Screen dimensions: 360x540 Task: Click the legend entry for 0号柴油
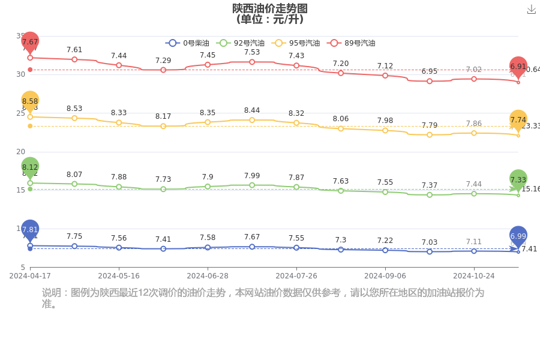188,43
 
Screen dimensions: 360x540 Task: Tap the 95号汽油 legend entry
296,43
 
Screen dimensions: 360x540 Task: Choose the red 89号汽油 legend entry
351,43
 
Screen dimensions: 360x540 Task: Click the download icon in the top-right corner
531,10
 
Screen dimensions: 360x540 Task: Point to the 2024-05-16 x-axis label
119,276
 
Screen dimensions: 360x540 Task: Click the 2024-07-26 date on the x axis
296,276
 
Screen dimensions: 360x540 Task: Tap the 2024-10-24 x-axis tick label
473,276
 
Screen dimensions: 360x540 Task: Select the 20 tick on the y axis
20,152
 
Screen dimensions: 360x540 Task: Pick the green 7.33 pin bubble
518,179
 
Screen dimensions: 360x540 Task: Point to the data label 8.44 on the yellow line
252,110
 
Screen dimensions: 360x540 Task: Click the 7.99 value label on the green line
252,175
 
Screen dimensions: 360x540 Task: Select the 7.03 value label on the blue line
430,242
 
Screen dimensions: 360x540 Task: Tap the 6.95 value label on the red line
430,71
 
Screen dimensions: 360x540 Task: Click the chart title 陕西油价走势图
270,8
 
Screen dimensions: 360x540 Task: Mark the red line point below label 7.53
252,62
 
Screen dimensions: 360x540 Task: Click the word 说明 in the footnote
52,293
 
